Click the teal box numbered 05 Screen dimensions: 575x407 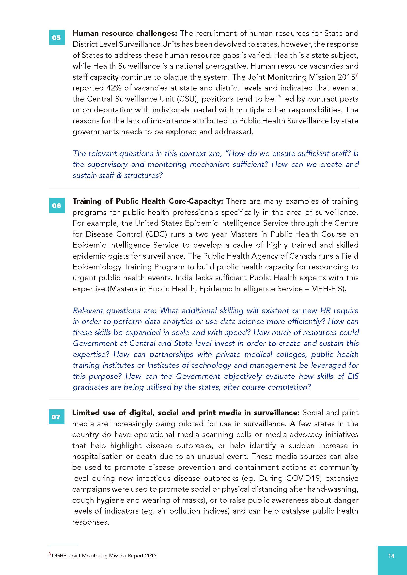tap(57, 38)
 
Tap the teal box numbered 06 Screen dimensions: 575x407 tap(57, 206)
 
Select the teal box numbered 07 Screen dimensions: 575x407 tap(56, 417)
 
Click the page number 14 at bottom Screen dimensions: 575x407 tap(391, 556)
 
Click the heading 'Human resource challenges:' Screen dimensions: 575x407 tap(125, 33)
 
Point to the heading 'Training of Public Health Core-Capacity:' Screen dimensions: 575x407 tap(148, 201)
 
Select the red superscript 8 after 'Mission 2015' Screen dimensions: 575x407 tap(357, 75)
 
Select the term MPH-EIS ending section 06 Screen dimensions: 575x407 tap(327, 289)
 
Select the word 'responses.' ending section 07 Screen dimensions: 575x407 tap(91, 522)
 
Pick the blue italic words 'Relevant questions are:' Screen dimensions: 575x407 tap(115, 311)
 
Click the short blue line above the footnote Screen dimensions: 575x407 tap(63, 546)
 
